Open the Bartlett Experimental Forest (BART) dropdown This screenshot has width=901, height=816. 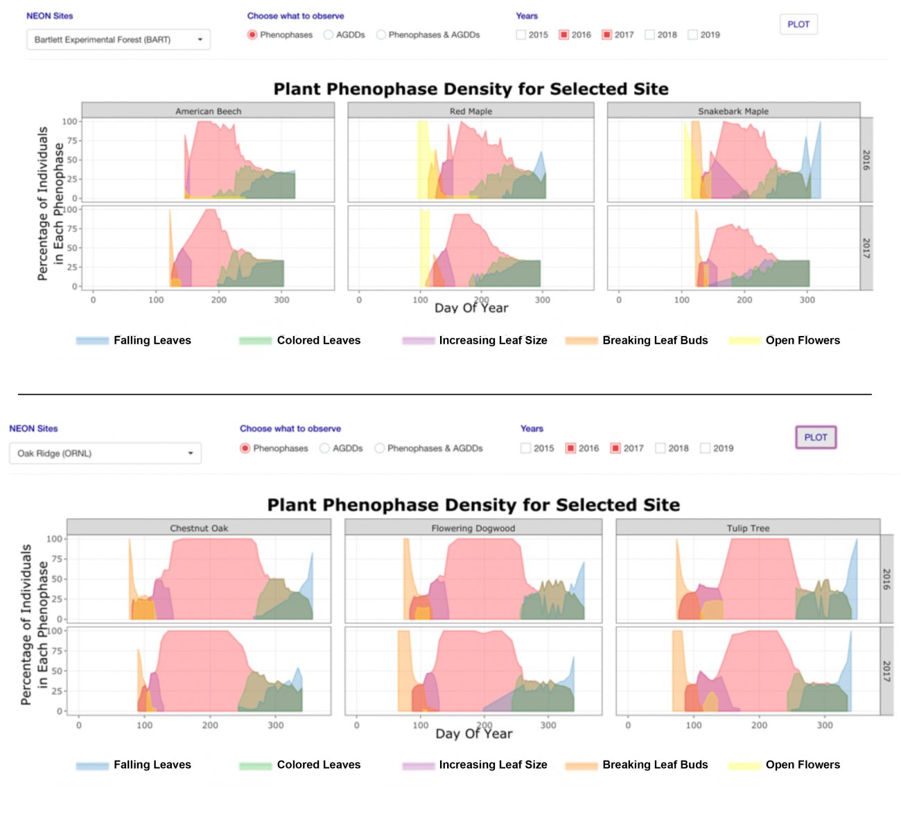coord(118,39)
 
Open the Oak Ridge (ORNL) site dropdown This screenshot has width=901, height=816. coord(105,453)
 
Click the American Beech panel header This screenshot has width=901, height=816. coord(208,111)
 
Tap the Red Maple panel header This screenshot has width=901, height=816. coord(471,111)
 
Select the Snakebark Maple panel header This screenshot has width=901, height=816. coord(733,111)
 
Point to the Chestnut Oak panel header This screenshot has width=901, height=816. coord(199,528)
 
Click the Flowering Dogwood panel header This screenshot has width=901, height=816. coord(473,528)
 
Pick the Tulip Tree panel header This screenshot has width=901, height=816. coord(748,528)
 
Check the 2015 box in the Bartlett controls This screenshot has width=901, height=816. coord(521,35)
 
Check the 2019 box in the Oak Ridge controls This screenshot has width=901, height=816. coord(706,448)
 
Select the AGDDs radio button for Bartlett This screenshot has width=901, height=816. coord(329,35)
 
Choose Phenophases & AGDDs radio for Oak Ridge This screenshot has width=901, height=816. coord(380,448)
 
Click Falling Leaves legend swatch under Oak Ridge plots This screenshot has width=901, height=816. coord(92,765)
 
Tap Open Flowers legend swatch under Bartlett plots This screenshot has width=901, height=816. coord(744,340)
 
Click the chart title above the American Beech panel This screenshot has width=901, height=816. coord(471,89)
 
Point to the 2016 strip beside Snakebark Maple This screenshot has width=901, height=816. coord(866,160)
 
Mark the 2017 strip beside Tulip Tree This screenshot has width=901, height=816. coord(886,671)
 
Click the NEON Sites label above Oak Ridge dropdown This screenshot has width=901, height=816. coord(33,429)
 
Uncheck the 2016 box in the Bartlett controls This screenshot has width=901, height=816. coord(564,35)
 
